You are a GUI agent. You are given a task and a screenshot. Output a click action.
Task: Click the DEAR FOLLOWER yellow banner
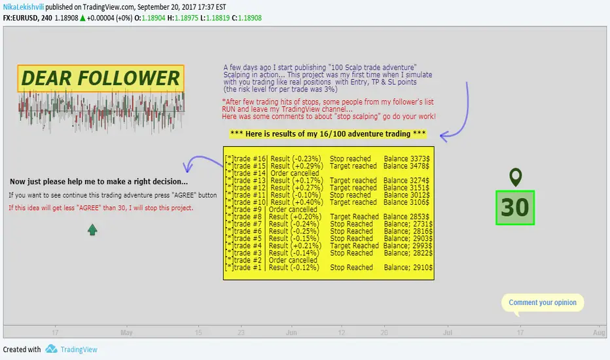pos(101,79)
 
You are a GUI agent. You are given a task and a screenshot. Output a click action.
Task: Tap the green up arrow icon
pos(92,230)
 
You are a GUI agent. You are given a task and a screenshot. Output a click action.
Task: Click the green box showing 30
pos(515,207)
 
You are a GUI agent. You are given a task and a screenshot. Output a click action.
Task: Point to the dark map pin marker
pos(516,177)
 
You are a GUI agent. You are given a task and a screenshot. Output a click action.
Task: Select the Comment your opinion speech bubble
pos(543,303)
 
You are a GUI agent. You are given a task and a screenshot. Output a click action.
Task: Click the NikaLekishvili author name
pos(24,7)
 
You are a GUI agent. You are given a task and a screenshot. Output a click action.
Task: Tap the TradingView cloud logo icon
pos(51,349)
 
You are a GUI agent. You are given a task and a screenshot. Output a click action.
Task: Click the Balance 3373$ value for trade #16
pos(406,159)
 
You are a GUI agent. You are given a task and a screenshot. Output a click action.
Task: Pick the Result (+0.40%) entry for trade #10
pos(297,202)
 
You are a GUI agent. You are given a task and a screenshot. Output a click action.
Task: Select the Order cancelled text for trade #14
pos(295,173)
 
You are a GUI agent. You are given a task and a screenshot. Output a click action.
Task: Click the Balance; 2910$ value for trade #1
pos(408,268)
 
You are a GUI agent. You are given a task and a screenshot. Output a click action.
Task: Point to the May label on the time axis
pos(126,333)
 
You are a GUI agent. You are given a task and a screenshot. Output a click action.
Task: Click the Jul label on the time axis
pos(448,333)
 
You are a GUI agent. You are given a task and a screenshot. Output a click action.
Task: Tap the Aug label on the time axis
pos(599,333)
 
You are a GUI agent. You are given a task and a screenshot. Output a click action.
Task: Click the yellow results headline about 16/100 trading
pos(328,134)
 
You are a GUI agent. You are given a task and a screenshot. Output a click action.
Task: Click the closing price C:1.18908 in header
pos(247,18)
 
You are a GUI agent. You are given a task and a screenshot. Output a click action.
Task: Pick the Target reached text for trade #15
pos(353,166)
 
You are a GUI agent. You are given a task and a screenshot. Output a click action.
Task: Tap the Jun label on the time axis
pos(291,333)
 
